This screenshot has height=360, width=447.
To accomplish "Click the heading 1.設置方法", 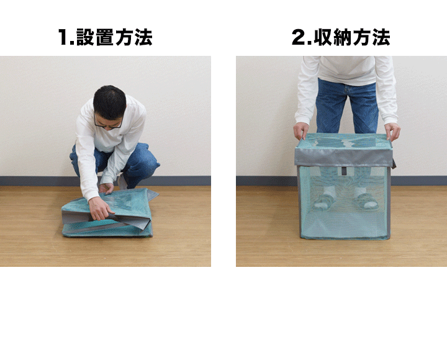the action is click(x=105, y=37).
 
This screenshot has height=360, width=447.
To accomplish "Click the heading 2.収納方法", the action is click(x=341, y=37).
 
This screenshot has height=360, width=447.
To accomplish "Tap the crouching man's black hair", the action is click(x=110, y=101).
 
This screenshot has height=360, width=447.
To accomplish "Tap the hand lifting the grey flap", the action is click(x=100, y=209).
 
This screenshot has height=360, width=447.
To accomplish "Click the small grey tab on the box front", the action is click(x=344, y=171).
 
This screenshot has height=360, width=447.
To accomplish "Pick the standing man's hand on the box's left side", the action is click(x=301, y=130).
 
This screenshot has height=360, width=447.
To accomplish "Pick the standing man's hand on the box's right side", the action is click(x=392, y=132).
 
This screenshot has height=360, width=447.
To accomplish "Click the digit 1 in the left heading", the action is click(x=63, y=37).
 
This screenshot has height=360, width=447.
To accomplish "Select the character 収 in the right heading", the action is click(x=323, y=37).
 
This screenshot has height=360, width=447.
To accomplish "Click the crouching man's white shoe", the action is click(x=122, y=182).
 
